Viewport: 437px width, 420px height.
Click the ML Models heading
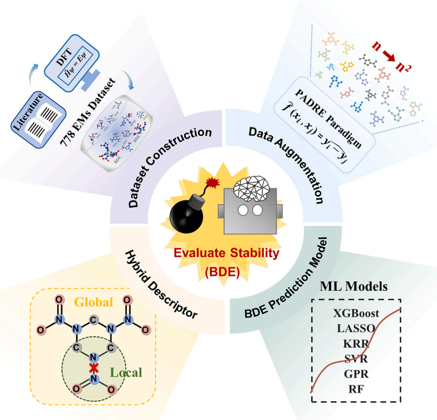click(x=353, y=286)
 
